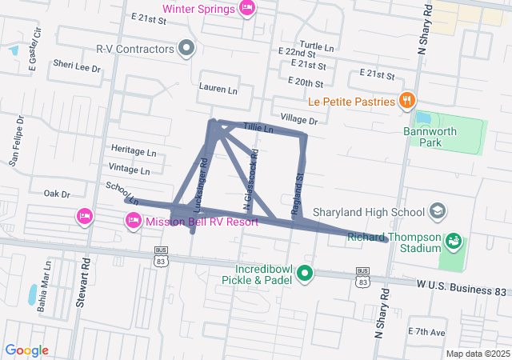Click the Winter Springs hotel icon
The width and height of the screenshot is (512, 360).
[247, 9]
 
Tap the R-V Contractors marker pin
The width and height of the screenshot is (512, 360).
[186, 49]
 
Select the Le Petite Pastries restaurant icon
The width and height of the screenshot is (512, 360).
[407, 102]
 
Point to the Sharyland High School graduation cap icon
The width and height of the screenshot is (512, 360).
[437, 212]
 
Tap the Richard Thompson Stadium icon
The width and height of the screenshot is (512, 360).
[453, 239]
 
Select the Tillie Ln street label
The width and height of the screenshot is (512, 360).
[258, 128]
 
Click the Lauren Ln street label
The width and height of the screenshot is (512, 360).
[218, 90]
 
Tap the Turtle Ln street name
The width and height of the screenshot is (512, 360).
[316, 46]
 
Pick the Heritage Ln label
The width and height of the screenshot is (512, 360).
[134, 150]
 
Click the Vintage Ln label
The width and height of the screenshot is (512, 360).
[129, 170]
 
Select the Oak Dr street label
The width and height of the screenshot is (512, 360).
[57, 194]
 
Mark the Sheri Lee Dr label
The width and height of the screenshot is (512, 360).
[77, 69]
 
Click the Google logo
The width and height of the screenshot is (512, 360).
[27, 350]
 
